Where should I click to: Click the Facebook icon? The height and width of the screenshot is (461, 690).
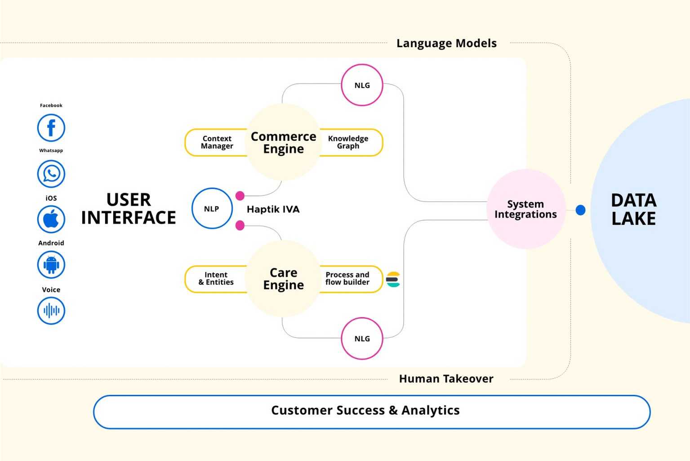click(51, 128)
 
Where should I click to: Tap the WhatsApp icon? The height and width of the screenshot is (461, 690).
click(51, 174)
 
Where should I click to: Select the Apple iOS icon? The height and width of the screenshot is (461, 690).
click(51, 220)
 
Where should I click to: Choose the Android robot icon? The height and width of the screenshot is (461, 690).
click(51, 265)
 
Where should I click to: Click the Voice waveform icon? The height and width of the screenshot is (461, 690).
click(51, 311)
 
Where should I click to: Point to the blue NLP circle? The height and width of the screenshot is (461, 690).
click(212, 208)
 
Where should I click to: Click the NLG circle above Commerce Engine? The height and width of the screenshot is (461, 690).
click(362, 85)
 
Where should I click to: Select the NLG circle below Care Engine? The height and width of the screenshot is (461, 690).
click(362, 339)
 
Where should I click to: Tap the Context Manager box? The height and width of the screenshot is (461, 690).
click(216, 142)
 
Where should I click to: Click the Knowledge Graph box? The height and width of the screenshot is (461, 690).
click(349, 142)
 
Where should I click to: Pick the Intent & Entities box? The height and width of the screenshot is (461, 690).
click(216, 279)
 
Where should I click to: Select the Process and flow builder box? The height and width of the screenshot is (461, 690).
click(348, 279)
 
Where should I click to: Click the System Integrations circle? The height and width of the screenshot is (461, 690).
click(525, 209)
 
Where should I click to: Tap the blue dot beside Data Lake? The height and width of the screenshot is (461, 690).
click(580, 210)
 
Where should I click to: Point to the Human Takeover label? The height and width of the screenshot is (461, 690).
click(446, 379)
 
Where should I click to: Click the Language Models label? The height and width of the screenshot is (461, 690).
click(446, 43)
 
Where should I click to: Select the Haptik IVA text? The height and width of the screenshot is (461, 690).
click(273, 209)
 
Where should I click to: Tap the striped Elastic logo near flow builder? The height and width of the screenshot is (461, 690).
click(393, 280)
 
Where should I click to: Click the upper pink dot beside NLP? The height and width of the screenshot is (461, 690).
click(240, 196)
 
